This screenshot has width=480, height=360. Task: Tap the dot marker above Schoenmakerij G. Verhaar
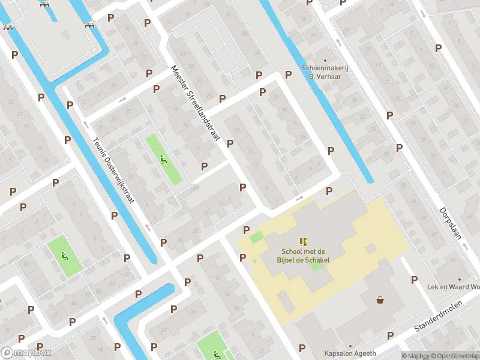pos(325,60)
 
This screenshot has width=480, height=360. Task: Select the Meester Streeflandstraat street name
pos(194,104)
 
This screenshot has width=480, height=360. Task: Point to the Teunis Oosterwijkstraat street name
pos(113,170)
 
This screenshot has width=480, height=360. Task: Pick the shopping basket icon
pos(380,299)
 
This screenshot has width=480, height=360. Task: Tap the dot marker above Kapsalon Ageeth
pos(350,346)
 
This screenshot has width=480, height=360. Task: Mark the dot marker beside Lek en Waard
pos(460,280)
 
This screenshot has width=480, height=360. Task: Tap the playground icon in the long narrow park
pos(163,159)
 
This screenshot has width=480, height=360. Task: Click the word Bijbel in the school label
pos(292,259)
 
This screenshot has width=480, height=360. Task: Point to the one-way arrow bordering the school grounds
pos(299,197)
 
